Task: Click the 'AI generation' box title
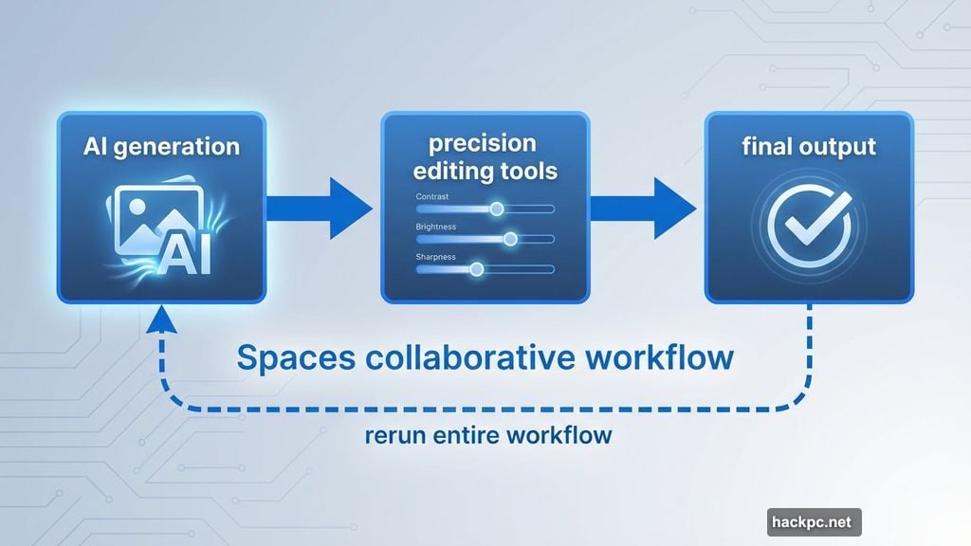coord(161,147)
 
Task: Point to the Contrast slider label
coord(432,196)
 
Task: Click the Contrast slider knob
coord(496,209)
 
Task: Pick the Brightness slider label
coord(436,227)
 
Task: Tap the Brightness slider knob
coord(510,239)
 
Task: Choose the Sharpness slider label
coord(436,257)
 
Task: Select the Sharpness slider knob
coord(477,269)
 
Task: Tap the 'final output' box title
coord(809,147)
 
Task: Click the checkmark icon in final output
coord(808,226)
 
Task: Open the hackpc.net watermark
coord(814,521)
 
